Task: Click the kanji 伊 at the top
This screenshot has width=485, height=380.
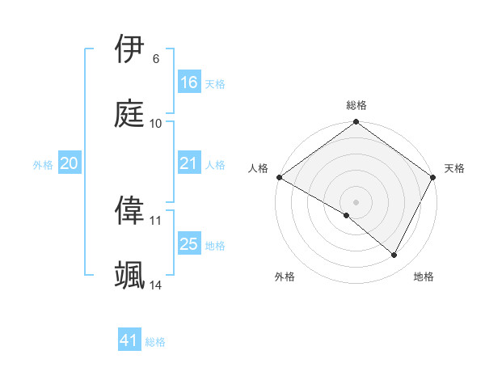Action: [130, 49]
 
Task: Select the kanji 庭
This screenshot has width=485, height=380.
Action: [130, 113]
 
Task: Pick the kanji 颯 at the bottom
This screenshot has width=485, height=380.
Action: [130, 275]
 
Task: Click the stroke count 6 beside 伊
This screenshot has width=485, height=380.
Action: [155, 59]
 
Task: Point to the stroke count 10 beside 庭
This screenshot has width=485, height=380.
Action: [156, 124]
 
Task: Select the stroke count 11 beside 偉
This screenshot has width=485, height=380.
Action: [156, 220]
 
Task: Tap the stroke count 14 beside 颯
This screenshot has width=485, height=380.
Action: [156, 285]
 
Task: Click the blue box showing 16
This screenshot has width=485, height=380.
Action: [189, 82]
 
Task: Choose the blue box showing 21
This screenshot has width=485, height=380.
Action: [189, 163]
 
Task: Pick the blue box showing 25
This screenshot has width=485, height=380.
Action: [189, 244]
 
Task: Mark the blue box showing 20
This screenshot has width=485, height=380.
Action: [70, 163]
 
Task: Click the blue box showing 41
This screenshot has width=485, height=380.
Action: [129, 340]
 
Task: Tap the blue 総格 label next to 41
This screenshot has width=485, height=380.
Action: [155, 342]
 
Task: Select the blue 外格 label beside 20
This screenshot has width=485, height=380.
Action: [43, 165]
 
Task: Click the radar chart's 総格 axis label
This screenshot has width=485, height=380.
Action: [356, 105]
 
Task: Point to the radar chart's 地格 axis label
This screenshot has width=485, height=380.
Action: [424, 277]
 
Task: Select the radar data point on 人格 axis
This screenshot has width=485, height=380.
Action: [278, 177]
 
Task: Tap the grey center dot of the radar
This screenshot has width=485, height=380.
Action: [356, 201]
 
